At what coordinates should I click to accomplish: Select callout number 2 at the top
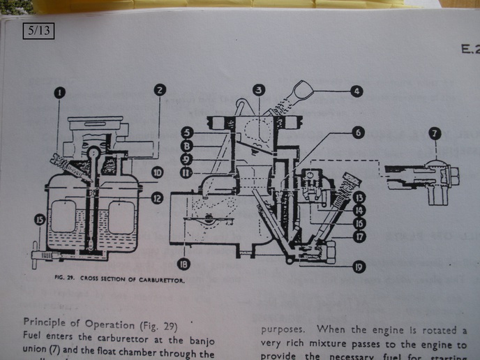coord(160,91)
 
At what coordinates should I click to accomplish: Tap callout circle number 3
coord(259,90)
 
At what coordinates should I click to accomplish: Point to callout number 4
coord(357,91)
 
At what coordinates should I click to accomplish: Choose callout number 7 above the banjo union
coord(435,132)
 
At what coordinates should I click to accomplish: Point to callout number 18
coord(183,264)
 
